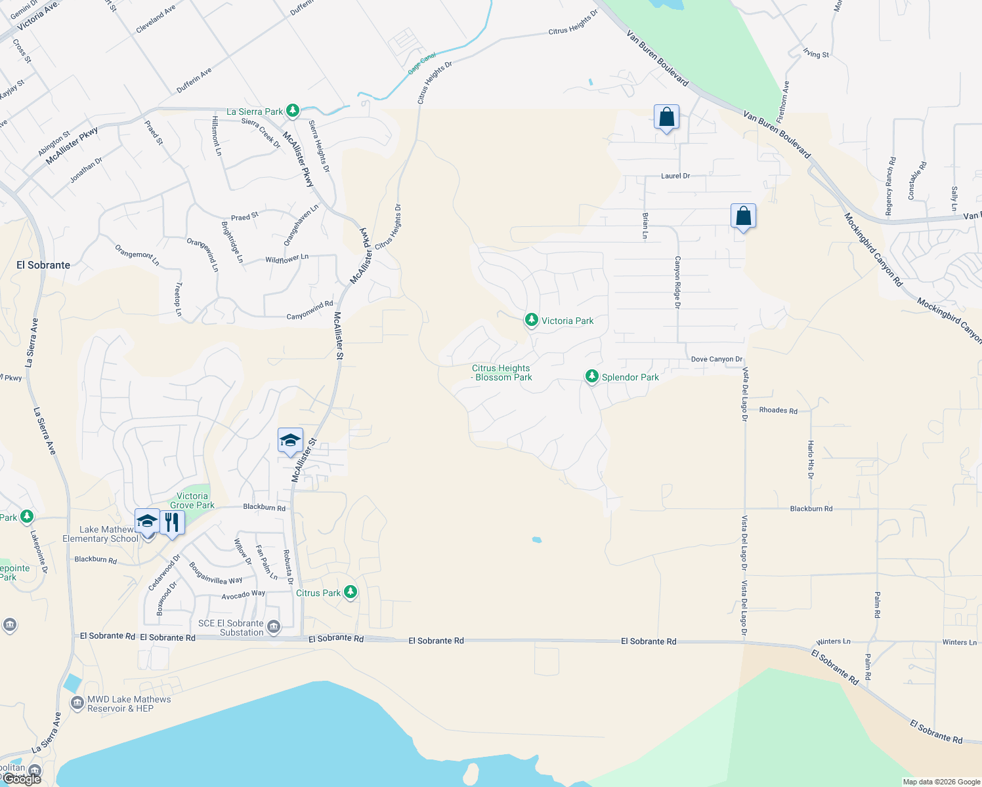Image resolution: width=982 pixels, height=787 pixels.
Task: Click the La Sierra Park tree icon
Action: pos(293,111)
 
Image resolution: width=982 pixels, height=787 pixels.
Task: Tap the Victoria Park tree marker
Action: pos(531,320)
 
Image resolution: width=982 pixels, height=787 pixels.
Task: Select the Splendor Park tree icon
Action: pos(591,376)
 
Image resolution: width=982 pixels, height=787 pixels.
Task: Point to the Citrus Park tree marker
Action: pos(351,592)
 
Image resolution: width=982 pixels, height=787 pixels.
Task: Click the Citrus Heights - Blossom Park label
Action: pos(502,373)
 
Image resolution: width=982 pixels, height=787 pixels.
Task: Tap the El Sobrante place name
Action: pos(43,265)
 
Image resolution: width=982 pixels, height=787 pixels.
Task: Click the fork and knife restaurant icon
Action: pos(172,523)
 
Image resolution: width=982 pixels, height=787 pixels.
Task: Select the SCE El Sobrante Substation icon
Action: pos(274,627)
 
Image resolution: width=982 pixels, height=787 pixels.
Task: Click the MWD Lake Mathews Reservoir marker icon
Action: pos(77,702)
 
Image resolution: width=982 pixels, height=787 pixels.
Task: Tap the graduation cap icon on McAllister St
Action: pos(290,441)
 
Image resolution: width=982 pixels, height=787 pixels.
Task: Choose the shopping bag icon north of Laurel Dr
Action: pos(666,118)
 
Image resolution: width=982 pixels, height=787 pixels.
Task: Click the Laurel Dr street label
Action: pos(675,176)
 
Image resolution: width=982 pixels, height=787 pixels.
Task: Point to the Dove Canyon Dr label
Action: pos(717,359)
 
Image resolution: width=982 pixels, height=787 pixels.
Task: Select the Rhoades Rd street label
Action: pos(778,411)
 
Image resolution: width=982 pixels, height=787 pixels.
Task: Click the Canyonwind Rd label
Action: pos(310,311)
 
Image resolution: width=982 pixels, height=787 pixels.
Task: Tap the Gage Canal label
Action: pos(422,64)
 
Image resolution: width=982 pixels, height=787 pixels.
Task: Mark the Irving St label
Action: pos(816,54)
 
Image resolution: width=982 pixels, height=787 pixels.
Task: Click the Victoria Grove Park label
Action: pos(192,500)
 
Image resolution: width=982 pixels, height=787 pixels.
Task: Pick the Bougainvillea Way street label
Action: pos(215,573)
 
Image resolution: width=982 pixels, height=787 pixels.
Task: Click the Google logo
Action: pos(22,779)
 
